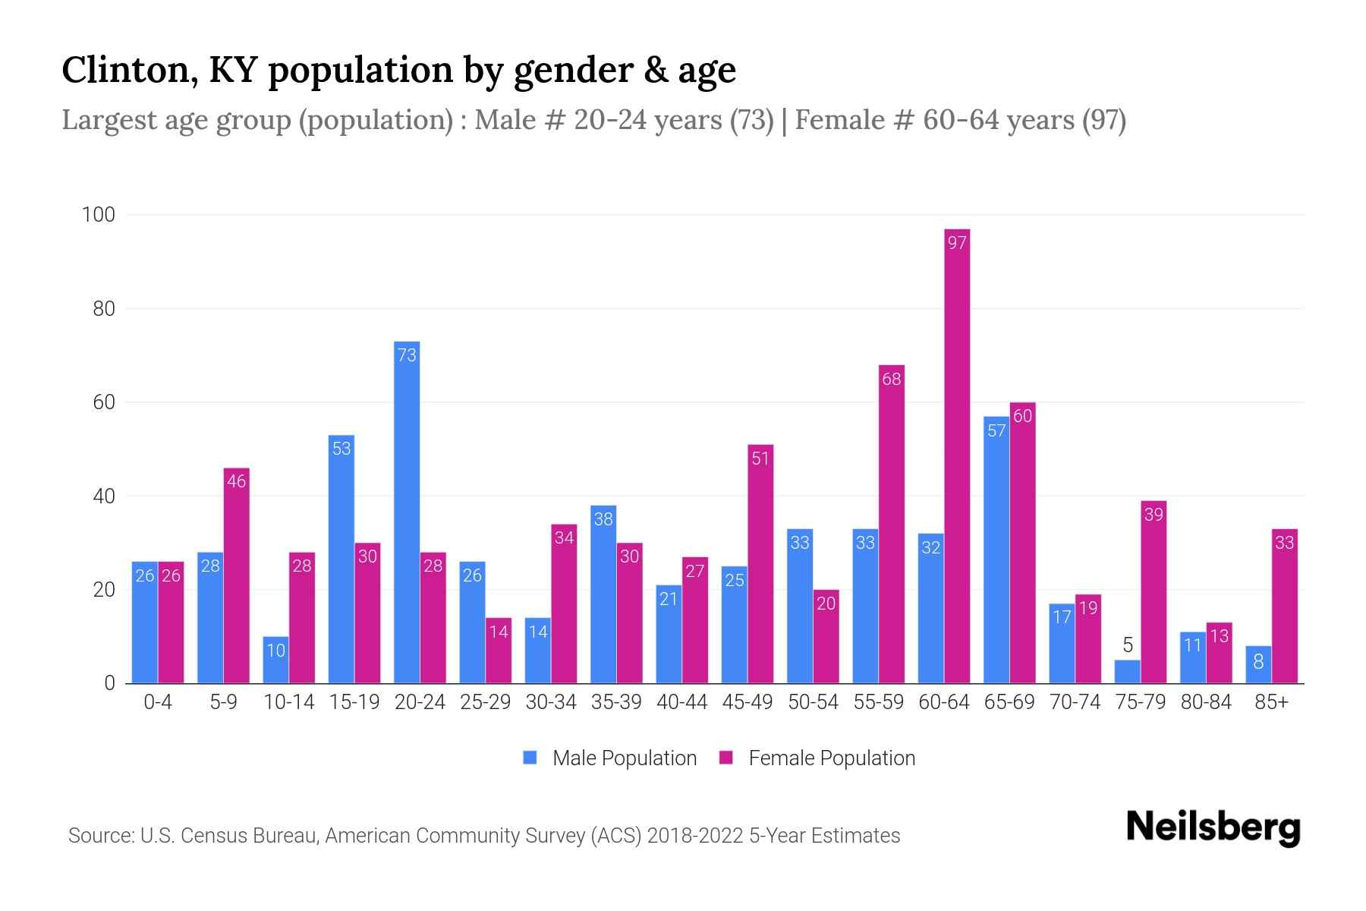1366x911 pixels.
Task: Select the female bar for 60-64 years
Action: coord(957,455)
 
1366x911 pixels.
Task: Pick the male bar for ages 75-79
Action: coord(1127,672)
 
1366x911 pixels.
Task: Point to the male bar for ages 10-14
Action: coord(275,660)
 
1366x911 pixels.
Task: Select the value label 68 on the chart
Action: coord(891,379)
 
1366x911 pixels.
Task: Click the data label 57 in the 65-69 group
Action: coord(996,431)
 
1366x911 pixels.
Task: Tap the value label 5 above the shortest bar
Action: coord(1127,645)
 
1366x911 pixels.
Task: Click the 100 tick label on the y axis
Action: coord(99,215)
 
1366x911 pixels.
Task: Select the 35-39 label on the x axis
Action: coord(616,702)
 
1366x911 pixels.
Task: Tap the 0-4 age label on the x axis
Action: coord(158,702)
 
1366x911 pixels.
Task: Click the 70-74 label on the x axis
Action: coord(1075,702)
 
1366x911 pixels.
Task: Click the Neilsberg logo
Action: coord(1213,827)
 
